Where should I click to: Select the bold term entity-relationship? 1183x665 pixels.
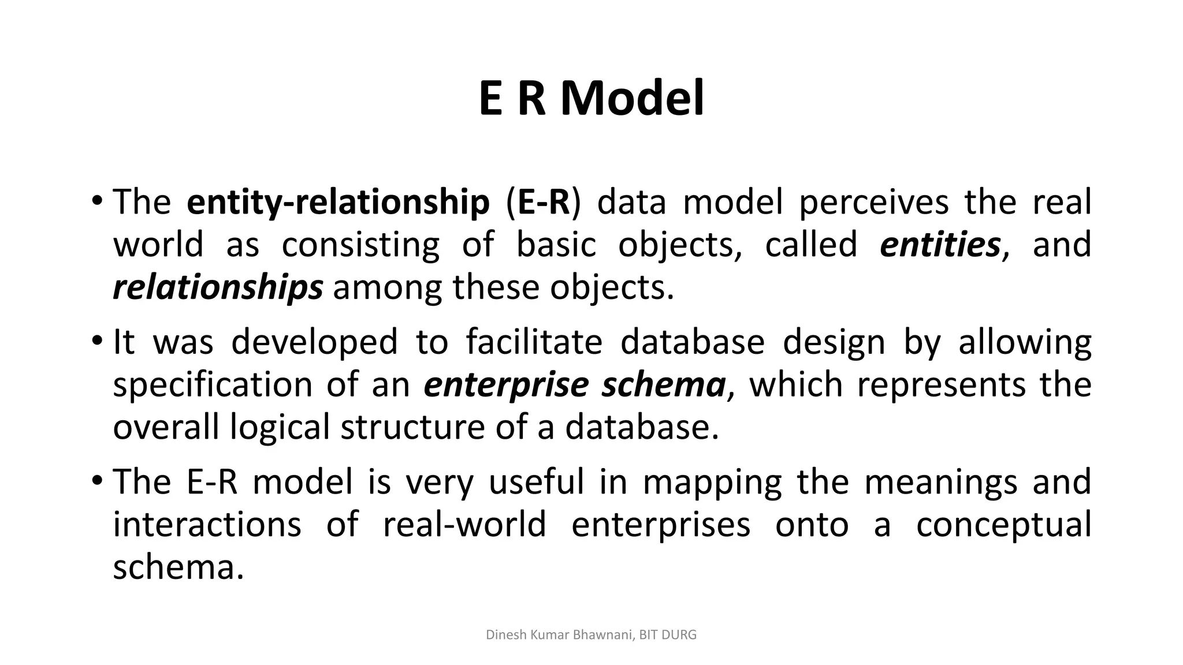click(x=338, y=203)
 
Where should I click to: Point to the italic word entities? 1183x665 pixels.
click(x=940, y=245)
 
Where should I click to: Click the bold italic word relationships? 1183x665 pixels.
click(x=217, y=287)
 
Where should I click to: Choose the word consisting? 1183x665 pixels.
click(x=360, y=245)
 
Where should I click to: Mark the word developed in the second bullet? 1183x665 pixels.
click(x=314, y=342)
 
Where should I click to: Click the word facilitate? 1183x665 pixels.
click(x=534, y=342)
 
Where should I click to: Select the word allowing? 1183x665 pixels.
click(x=1025, y=342)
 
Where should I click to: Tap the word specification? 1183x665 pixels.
click(x=212, y=385)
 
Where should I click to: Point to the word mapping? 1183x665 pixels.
click(x=712, y=483)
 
